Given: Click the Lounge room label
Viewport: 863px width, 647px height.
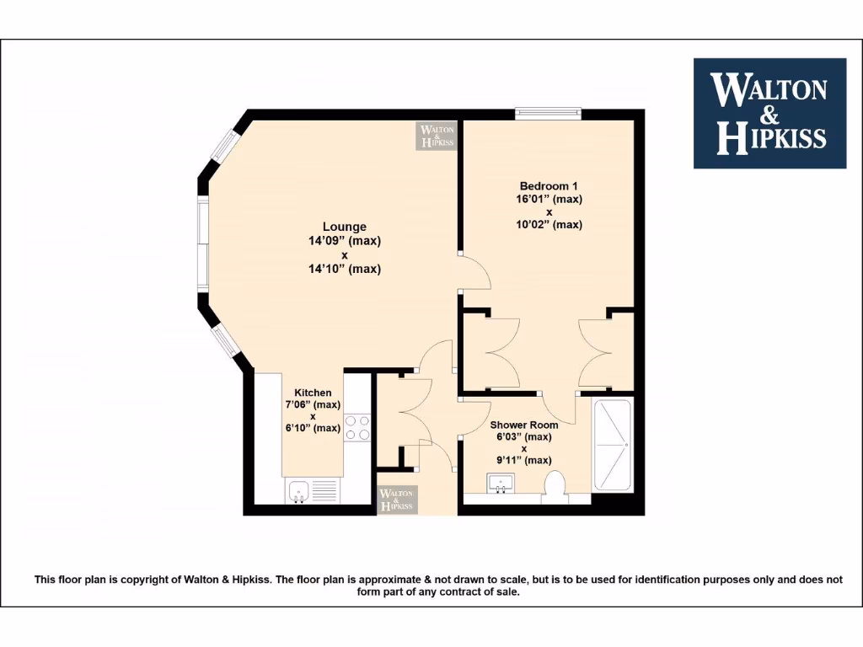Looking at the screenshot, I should [x=344, y=227].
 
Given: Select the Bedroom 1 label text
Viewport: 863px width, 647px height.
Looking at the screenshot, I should [x=549, y=186].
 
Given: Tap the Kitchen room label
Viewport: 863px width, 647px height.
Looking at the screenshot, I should [x=313, y=393].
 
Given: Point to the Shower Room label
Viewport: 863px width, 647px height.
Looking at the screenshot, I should [x=524, y=425].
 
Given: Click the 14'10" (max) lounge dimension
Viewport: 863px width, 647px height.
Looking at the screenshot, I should [x=344, y=269].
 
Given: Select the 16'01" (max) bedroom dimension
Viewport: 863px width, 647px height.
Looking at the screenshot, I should [x=549, y=200].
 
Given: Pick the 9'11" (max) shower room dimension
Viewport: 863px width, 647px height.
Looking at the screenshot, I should [x=524, y=460].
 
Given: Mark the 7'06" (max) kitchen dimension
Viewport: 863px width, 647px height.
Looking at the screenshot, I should [x=313, y=404].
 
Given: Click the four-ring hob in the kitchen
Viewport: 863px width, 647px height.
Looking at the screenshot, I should [x=357, y=428].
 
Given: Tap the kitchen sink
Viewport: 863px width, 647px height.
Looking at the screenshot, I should [x=299, y=489].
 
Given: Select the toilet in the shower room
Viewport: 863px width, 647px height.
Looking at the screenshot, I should [x=555, y=486].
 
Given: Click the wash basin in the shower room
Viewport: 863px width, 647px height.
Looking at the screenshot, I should [x=501, y=484].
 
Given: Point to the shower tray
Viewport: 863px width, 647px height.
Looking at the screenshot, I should [x=612, y=445].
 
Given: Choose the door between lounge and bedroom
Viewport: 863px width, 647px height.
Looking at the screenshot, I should [x=474, y=272].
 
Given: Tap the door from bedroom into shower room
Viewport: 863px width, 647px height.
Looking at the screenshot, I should [x=558, y=407].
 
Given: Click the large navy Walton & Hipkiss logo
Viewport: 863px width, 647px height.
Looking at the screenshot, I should [x=769, y=113].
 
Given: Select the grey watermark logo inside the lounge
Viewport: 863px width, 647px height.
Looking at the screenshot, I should [x=437, y=136].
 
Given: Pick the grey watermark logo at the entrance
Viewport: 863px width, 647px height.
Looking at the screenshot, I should [x=396, y=500].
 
